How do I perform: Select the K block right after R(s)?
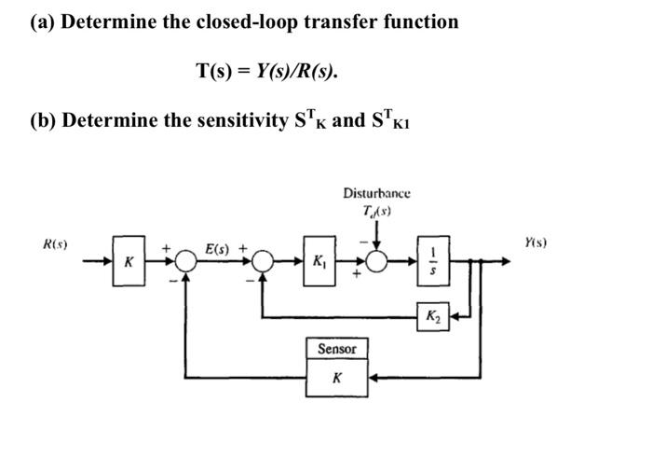(129, 264)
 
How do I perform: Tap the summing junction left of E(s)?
(187, 264)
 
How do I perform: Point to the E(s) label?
(221, 249)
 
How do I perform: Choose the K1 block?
(321, 264)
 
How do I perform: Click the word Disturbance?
(376, 193)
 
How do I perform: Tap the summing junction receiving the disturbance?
(377, 264)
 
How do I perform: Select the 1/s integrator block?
(430, 264)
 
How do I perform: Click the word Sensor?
(337, 349)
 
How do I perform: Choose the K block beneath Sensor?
(337, 379)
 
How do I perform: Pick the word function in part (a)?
(419, 21)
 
